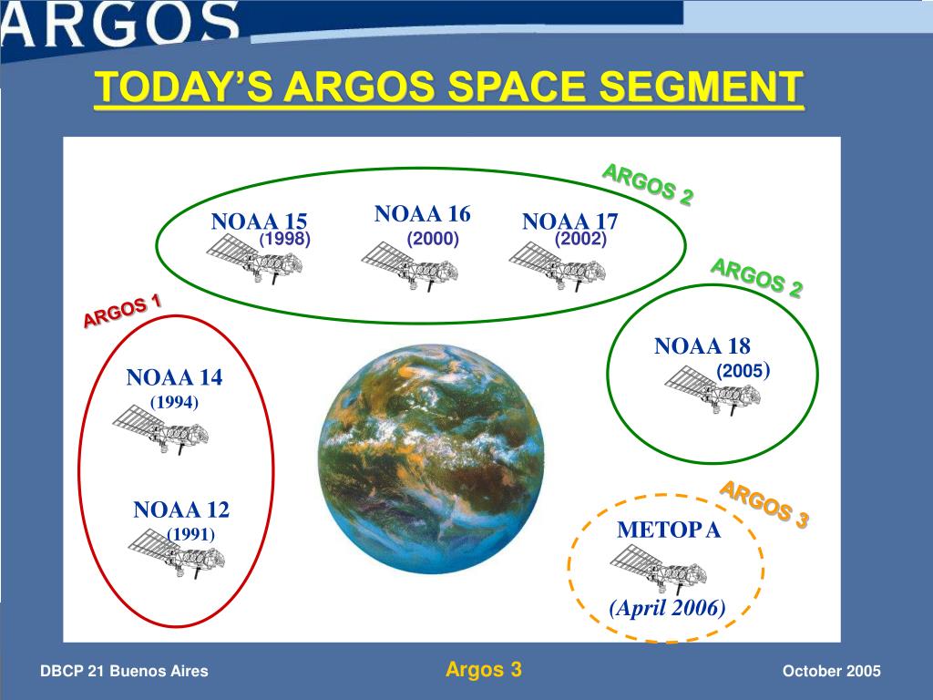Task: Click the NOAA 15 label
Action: click(x=259, y=221)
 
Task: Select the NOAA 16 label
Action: click(x=422, y=214)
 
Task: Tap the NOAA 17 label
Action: click(x=569, y=221)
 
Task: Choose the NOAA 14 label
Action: click(x=174, y=377)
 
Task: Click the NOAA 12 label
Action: click(x=181, y=510)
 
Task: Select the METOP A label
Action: click(x=669, y=530)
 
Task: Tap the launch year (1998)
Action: click(x=286, y=240)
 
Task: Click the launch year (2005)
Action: click(x=743, y=371)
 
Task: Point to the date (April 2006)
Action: click(x=667, y=608)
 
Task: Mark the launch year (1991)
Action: click(x=190, y=534)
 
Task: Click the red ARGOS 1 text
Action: click(x=122, y=311)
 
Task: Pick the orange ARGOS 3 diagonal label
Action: click(x=764, y=504)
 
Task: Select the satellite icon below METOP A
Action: click(x=658, y=572)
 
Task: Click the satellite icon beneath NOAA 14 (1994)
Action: click(x=159, y=430)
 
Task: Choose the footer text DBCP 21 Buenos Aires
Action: click(x=124, y=672)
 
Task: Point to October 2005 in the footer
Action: click(x=831, y=672)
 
